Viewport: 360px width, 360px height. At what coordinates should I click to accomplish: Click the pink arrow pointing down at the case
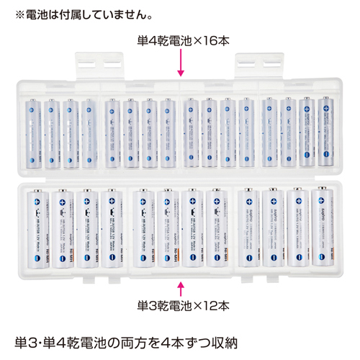tap(180, 66)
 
